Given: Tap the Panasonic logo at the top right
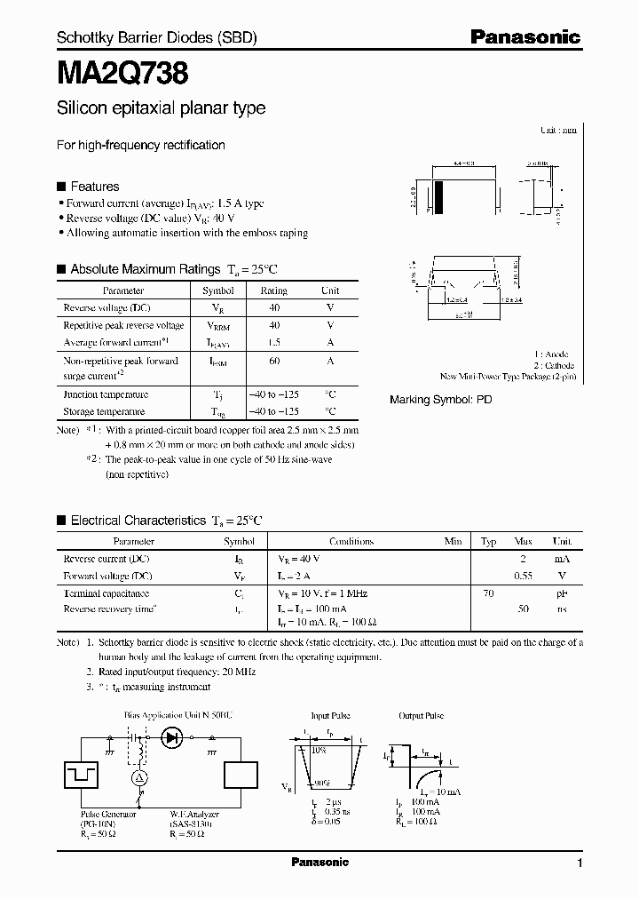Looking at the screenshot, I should (525, 37).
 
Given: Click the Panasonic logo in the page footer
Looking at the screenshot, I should (319, 862).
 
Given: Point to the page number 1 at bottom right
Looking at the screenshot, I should (580, 863).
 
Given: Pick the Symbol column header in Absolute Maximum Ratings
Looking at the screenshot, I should (218, 290).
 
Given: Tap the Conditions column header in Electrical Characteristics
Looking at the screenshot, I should (351, 541).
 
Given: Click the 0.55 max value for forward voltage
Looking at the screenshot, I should (524, 576).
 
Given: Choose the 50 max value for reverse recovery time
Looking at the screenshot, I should (524, 609).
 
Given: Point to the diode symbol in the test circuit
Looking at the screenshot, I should (172, 736).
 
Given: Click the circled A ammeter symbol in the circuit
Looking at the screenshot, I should (138, 777).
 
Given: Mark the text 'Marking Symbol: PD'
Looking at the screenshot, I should (440, 400).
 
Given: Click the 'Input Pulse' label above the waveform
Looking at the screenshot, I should (331, 715).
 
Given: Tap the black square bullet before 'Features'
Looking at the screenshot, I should (61, 187).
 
